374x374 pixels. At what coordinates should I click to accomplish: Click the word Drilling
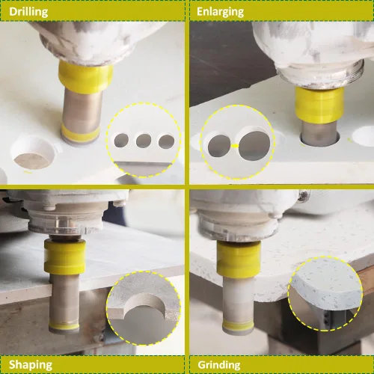pos(28,12)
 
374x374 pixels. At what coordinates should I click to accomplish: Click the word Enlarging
pos(220,12)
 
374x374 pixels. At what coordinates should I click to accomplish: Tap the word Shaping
pos(31,365)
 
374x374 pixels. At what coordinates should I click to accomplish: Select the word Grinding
pos(219,365)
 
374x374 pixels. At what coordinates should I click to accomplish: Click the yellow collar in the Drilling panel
pos(85,76)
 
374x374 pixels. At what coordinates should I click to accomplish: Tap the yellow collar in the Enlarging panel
pos(319,104)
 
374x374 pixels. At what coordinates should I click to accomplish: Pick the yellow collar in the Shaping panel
pos(65,257)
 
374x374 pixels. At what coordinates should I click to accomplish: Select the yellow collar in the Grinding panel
pos(239,260)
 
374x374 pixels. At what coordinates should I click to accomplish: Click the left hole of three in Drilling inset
pos(121,141)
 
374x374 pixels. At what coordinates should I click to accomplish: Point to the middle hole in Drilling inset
pos(144,141)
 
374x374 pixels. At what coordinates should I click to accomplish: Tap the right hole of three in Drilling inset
pos(166,141)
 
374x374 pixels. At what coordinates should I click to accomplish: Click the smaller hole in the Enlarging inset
pos(219,146)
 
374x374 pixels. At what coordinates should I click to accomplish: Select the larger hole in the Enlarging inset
pos(254,146)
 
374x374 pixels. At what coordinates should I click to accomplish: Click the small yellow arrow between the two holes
pos(234,146)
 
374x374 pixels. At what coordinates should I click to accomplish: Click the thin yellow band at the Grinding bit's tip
pos(238,325)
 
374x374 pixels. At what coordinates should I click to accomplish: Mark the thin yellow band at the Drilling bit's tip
pos(80,134)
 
